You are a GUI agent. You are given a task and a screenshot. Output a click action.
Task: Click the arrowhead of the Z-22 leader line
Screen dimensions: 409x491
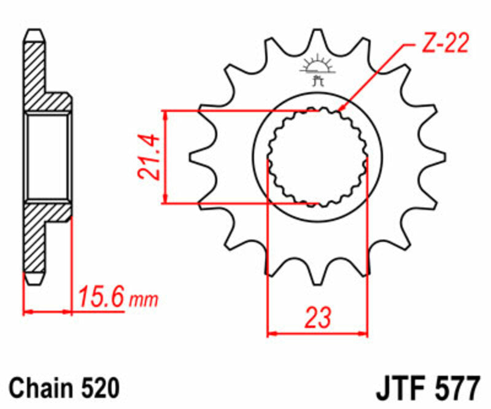coord(341,109)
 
